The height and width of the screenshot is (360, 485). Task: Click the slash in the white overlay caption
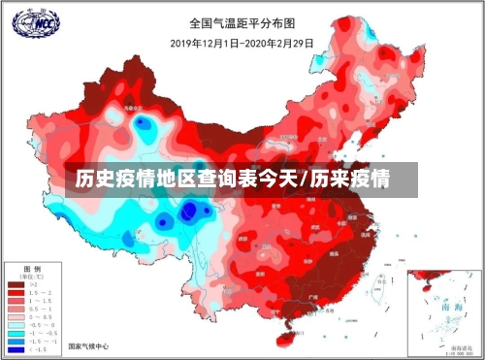click(x=307, y=180)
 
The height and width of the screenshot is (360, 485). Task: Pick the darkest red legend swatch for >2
click(x=16, y=284)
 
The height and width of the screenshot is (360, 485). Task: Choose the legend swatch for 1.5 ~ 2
click(x=16, y=292)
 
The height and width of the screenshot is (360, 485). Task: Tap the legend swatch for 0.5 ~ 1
click(x=16, y=309)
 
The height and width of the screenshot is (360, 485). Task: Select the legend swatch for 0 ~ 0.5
click(x=16, y=316)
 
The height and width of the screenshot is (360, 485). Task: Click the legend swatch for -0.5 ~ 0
click(x=16, y=325)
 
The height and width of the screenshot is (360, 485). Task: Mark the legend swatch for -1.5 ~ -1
click(x=16, y=341)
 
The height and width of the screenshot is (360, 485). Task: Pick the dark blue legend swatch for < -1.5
click(x=16, y=349)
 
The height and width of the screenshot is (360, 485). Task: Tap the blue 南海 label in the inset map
click(x=451, y=305)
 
